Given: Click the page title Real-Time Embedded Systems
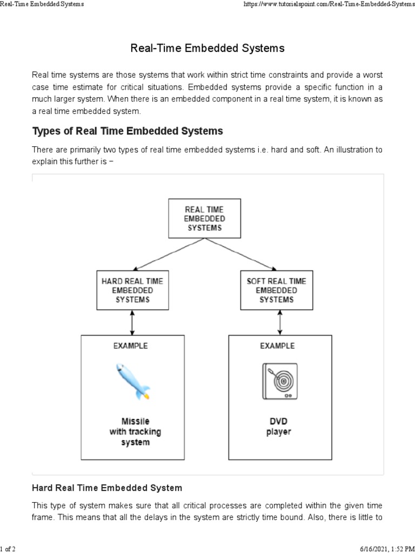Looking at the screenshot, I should [207, 49].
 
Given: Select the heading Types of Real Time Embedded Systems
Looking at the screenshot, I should [128, 131].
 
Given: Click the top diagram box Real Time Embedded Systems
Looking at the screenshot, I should [204, 218].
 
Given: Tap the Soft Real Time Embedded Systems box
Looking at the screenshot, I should [276, 290].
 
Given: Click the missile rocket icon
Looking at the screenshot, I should [133, 382].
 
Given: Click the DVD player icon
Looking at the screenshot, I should [279, 381].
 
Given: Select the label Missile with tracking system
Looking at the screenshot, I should [135, 431].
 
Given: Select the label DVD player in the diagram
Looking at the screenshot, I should [278, 426].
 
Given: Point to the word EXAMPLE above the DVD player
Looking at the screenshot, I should [278, 346].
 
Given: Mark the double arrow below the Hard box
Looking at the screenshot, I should [132, 322].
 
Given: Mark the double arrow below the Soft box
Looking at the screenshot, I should [279, 322].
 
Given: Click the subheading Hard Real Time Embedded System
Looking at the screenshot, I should [107, 488].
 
